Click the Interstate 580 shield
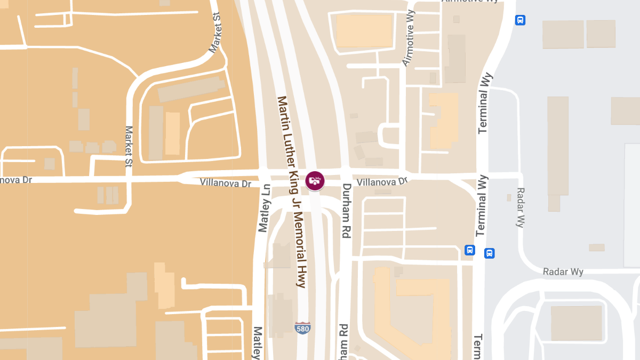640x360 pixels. pos(302,327)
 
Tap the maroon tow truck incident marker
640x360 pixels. pos(315,180)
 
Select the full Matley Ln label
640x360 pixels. pos(264,208)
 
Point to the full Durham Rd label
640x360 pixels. pos(347,211)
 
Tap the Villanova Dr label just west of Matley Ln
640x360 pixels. pos(225,183)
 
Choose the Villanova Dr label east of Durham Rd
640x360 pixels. pos(382,182)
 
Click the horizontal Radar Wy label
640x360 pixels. pos(563,272)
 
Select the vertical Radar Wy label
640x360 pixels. pos(521,207)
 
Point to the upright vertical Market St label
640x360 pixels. pos(129,147)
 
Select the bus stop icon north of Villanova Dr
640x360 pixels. pos(520,20)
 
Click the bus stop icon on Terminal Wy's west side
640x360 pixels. pos(469,250)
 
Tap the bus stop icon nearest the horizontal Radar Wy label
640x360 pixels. pos(489,253)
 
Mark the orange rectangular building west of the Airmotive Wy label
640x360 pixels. pos(364,31)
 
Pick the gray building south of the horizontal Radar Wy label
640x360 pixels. pos(576,323)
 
